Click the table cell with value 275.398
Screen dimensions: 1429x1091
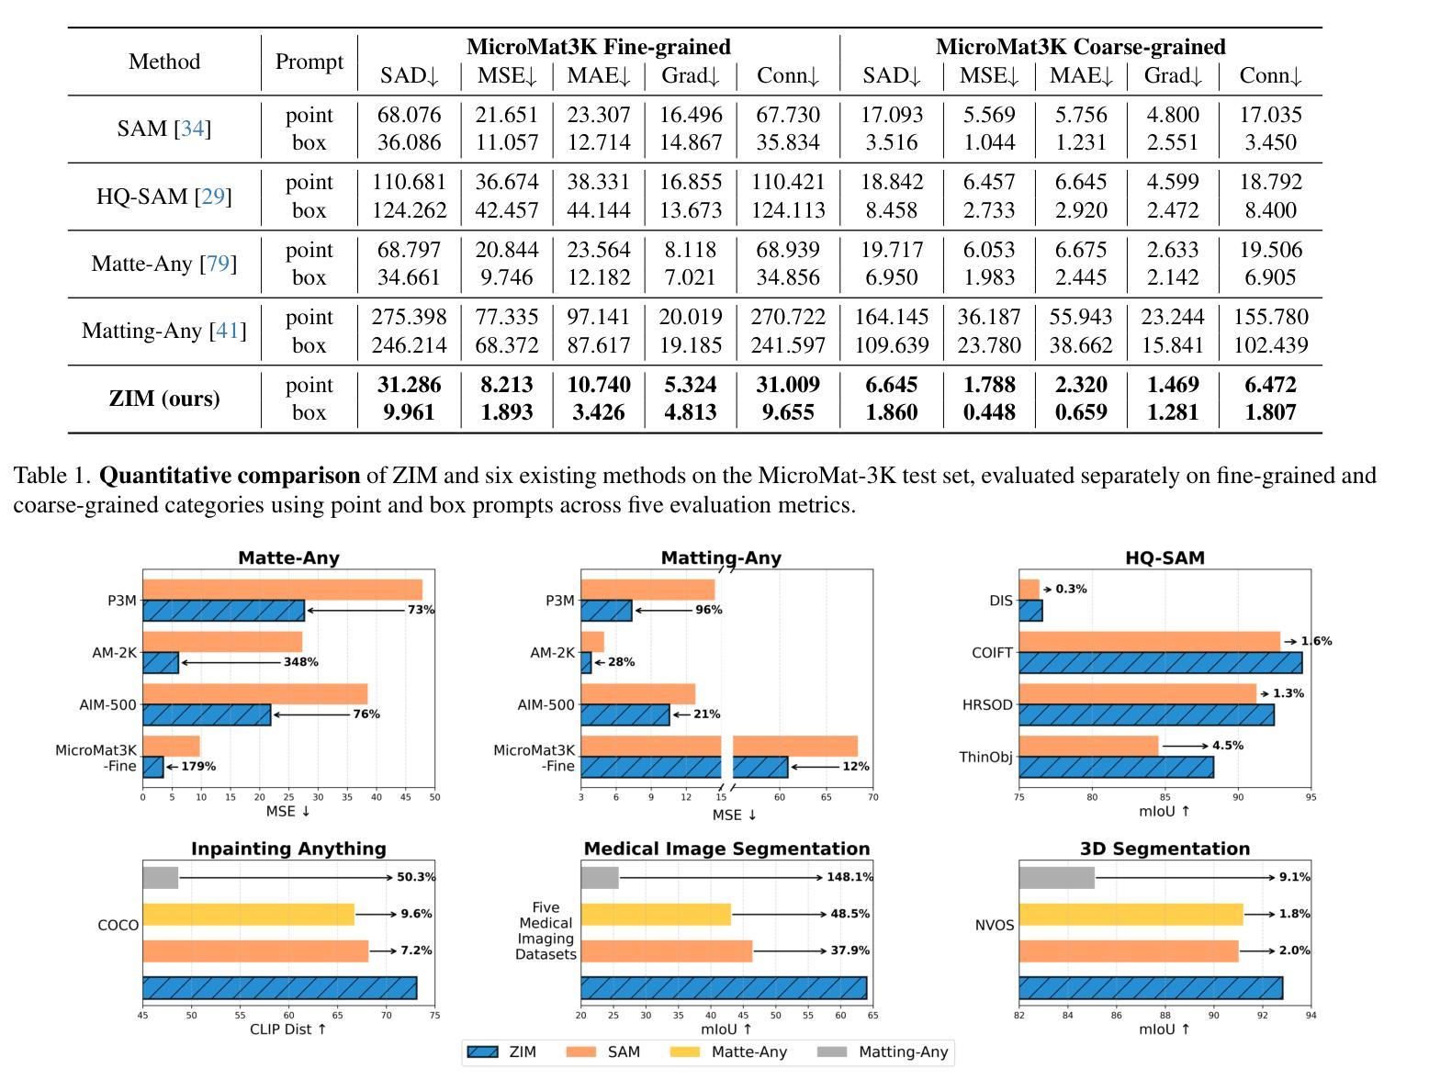pyautogui.click(x=409, y=317)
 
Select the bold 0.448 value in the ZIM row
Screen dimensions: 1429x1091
pyautogui.click(x=989, y=412)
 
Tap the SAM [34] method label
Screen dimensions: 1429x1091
pyautogui.click(x=164, y=129)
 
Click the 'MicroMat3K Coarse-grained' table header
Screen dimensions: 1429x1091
pyautogui.click(x=1081, y=47)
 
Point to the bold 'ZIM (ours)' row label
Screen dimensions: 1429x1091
pyautogui.click(x=164, y=399)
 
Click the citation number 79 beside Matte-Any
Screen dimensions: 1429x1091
pyautogui.click(x=218, y=264)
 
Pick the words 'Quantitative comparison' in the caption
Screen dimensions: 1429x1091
pyautogui.click(x=230, y=476)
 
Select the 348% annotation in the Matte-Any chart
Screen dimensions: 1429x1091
pyautogui.click(x=301, y=662)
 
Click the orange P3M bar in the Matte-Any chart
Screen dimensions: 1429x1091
pyautogui.click(x=283, y=590)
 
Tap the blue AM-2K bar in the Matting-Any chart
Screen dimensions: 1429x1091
pyautogui.click(x=586, y=663)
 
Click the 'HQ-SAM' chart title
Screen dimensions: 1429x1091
pyautogui.click(x=1165, y=557)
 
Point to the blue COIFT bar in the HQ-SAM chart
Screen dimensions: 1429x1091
pyautogui.click(x=1160, y=663)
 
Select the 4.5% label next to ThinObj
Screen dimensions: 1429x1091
pyautogui.click(x=1228, y=746)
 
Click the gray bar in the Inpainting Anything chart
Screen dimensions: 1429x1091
pyautogui.click(x=160, y=878)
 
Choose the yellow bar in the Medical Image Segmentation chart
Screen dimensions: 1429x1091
pyautogui.click(x=656, y=915)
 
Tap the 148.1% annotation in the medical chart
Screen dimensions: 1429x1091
pyautogui.click(x=850, y=878)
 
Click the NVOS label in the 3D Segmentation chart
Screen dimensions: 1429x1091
pyautogui.click(x=994, y=926)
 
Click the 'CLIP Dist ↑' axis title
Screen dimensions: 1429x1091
pyautogui.click(x=287, y=1029)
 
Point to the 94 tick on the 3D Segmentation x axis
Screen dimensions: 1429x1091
pyautogui.click(x=1311, y=1016)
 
